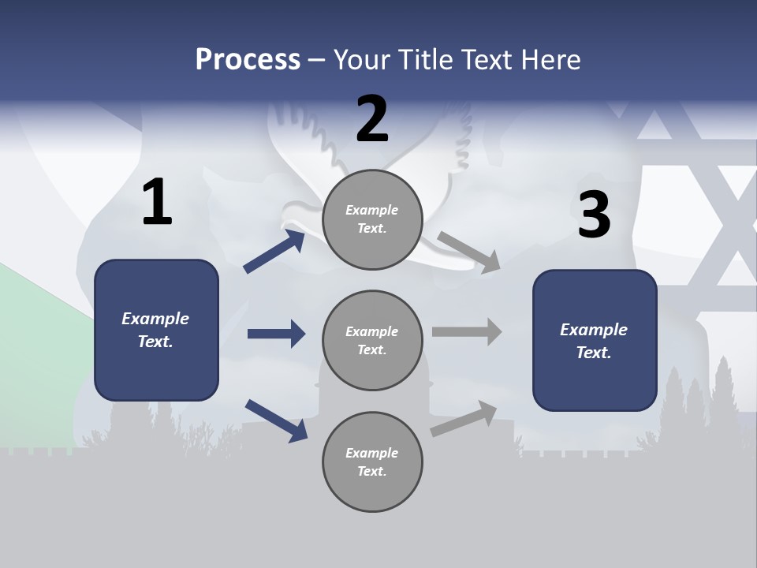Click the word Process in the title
(248, 59)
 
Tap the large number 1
(157, 203)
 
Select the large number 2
(372, 119)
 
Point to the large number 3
(595, 215)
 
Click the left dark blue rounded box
(156, 330)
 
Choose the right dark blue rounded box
(595, 341)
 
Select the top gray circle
(372, 219)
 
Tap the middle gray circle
(372, 341)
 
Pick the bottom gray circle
(372, 462)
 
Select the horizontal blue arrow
(276, 334)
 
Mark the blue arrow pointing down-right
(276, 420)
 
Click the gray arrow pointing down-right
(469, 252)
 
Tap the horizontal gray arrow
(467, 331)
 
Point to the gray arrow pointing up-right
(464, 418)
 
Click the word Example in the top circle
(372, 210)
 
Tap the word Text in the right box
(593, 353)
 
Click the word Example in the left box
(155, 319)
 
